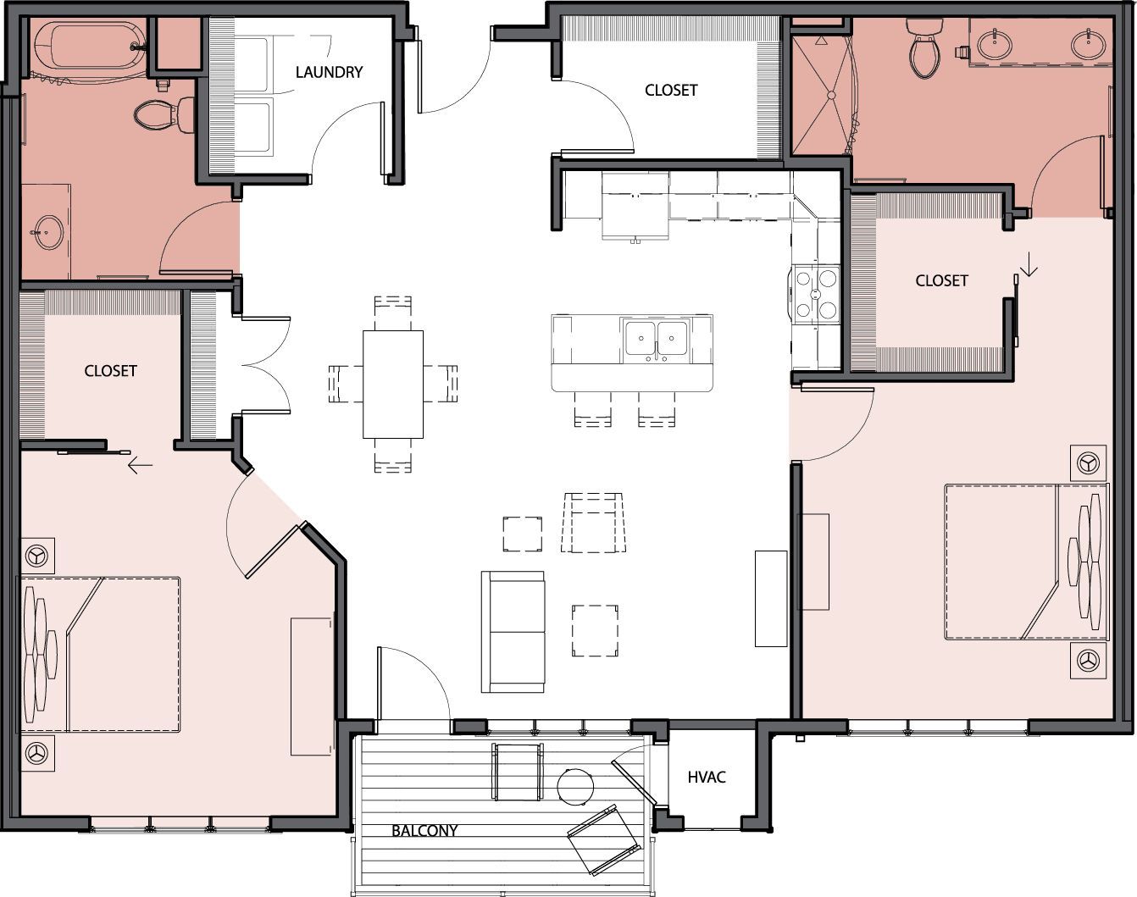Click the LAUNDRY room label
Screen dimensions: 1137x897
click(x=329, y=72)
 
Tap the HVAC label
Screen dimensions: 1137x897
click(x=707, y=777)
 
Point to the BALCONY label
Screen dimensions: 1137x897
click(x=424, y=831)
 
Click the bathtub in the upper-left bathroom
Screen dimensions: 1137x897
click(x=89, y=45)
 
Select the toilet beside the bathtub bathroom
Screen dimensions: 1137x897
click(x=164, y=114)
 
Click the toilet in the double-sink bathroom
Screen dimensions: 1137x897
click(x=923, y=49)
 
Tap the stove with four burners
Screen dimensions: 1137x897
click(x=816, y=294)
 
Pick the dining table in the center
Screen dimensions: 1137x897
click(x=392, y=384)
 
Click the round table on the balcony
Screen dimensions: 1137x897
click(x=574, y=787)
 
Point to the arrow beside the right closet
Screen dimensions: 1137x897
click(x=1029, y=266)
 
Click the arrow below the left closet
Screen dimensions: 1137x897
click(x=141, y=465)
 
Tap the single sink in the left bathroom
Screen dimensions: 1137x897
click(x=47, y=232)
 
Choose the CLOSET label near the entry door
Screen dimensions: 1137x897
click(x=671, y=91)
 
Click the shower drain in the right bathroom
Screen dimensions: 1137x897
click(x=831, y=95)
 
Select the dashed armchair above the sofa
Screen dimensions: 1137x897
click(x=593, y=523)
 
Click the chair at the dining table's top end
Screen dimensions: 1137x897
click(x=392, y=313)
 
